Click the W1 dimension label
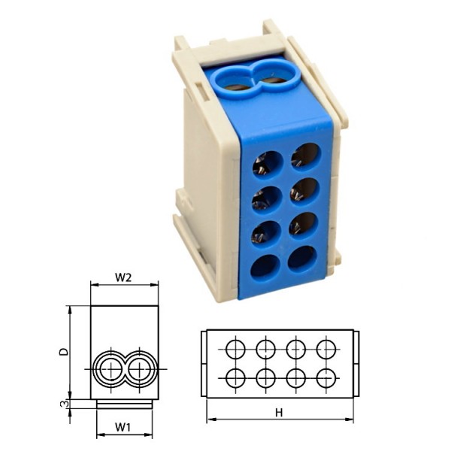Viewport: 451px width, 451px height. [124, 427]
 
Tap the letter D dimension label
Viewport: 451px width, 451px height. [65, 350]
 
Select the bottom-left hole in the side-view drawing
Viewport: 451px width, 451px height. [235, 377]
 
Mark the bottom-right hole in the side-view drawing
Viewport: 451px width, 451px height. [325, 377]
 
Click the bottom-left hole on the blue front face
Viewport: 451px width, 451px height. [264, 266]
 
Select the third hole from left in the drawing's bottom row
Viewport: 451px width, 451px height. [295, 377]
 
